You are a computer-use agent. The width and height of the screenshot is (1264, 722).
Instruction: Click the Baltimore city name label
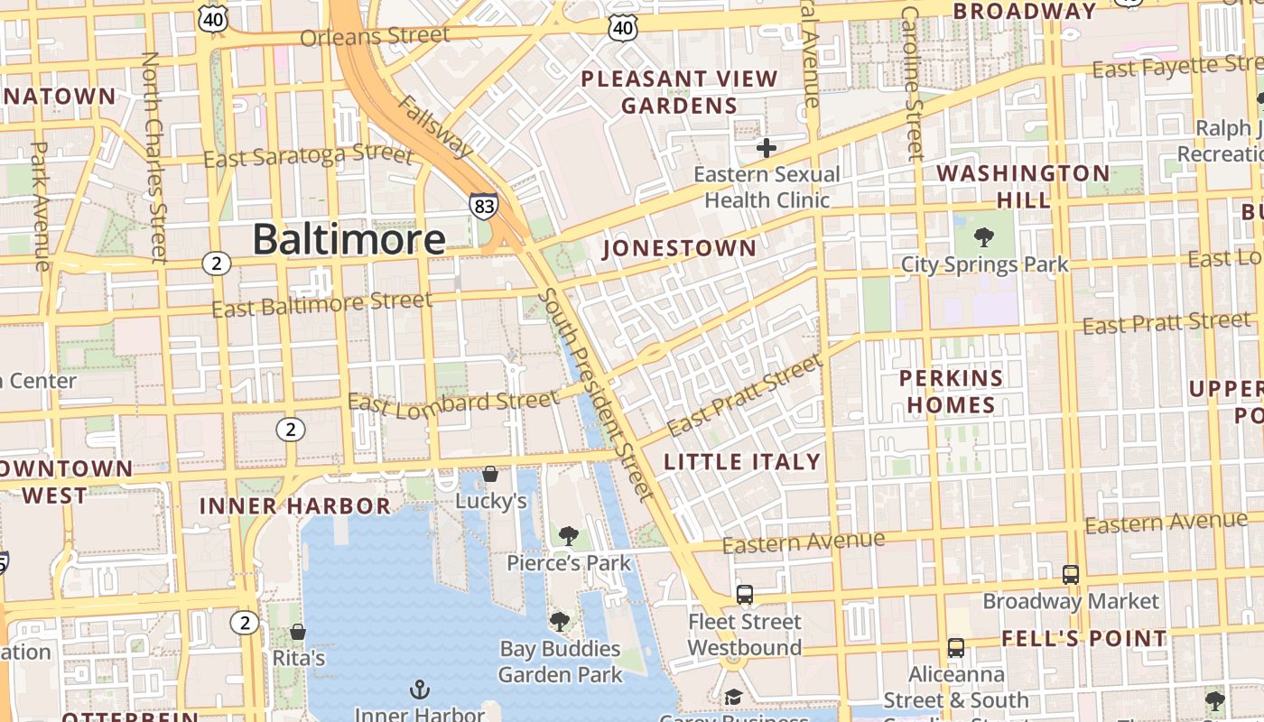pos(349,239)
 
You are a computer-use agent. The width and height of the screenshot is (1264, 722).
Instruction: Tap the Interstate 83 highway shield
pos(484,206)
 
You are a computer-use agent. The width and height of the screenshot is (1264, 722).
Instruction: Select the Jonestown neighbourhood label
pos(679,248)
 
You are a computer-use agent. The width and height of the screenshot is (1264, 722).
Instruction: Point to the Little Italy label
pos(742,462)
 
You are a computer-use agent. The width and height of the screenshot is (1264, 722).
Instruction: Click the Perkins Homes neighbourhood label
pos(951,391)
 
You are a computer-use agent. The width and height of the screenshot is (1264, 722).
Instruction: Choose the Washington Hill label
pos(1023,186)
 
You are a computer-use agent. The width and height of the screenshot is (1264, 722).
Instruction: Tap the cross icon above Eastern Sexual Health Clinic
pos(767,147)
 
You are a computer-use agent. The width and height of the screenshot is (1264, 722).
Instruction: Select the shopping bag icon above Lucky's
pos(490,474)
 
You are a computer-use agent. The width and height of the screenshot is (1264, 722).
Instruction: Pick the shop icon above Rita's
pos(298,632)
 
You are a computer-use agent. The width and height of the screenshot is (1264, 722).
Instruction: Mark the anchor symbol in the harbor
pos(419,690)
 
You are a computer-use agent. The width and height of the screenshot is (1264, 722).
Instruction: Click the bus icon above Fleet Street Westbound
pos(745,595)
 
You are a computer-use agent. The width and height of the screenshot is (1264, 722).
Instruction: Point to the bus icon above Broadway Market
pos(1071,574)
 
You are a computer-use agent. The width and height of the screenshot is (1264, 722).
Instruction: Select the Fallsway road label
pos(435,126)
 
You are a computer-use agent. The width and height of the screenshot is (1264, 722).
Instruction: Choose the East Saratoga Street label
pos(308,156)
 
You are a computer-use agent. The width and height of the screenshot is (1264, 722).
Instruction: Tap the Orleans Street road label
pos(375,37)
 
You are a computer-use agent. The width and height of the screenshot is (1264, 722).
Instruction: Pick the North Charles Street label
pos(154,157)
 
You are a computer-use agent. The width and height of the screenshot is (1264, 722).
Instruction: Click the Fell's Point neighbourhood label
pos(1083,638)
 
